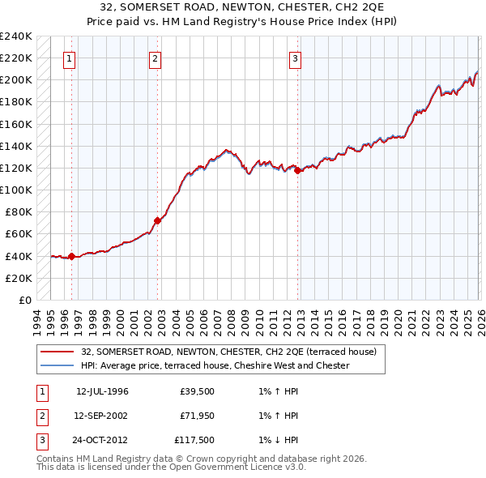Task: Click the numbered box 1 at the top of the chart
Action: click(x=69, y=58)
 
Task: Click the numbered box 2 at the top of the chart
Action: click(x=155, y=58)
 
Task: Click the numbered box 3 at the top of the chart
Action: click(x=296, y=58)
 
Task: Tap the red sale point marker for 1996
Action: click(x=71, y=257)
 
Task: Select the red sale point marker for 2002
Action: click(x=157, y=220)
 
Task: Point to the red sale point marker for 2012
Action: click(x=298, y=170)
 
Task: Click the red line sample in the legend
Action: click(x=58, y=352)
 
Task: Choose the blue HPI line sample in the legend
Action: click(x=58, y=365)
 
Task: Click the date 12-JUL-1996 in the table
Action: click(x=102, y=391)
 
